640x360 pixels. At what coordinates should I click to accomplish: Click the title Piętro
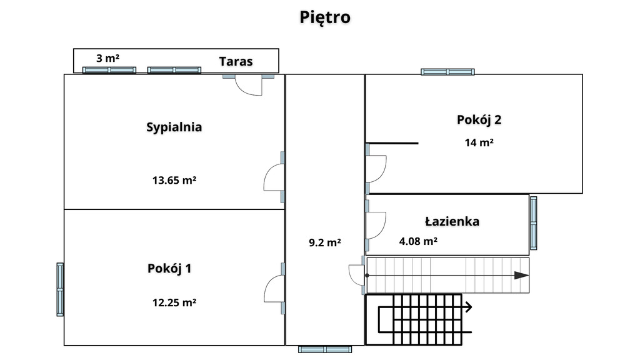click(325, 17)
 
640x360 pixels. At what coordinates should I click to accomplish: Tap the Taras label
click(236, 62)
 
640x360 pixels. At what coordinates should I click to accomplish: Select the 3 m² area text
click(107, 58)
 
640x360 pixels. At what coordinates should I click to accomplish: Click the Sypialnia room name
click(174, 127)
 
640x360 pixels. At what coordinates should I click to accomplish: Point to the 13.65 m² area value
click(174, 180)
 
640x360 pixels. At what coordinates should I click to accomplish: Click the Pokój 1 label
click(169, 269)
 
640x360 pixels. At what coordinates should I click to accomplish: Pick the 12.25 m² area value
click(174, 302)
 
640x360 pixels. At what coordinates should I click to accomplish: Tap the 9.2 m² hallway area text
click(325, 242)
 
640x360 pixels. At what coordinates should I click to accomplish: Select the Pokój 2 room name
click(479, 120)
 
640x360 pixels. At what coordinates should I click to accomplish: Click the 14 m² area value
click(479, 142)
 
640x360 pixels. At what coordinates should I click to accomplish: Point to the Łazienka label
click(452, 222)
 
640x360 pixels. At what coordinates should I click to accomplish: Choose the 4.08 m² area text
click(418, 241)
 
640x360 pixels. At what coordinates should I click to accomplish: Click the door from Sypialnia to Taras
click(249, 85)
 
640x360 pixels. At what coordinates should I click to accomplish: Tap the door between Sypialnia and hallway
click(274, 177)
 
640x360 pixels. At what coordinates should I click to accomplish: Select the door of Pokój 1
click(274, 288)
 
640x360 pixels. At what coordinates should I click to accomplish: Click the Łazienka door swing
click(376, 225)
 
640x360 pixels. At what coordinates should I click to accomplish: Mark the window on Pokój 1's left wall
click(60, 289)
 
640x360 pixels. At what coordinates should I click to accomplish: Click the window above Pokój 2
click(447, 72)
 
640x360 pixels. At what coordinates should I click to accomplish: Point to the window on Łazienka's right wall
click(534, 223)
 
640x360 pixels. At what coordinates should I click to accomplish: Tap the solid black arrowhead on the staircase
click(522, 276)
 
